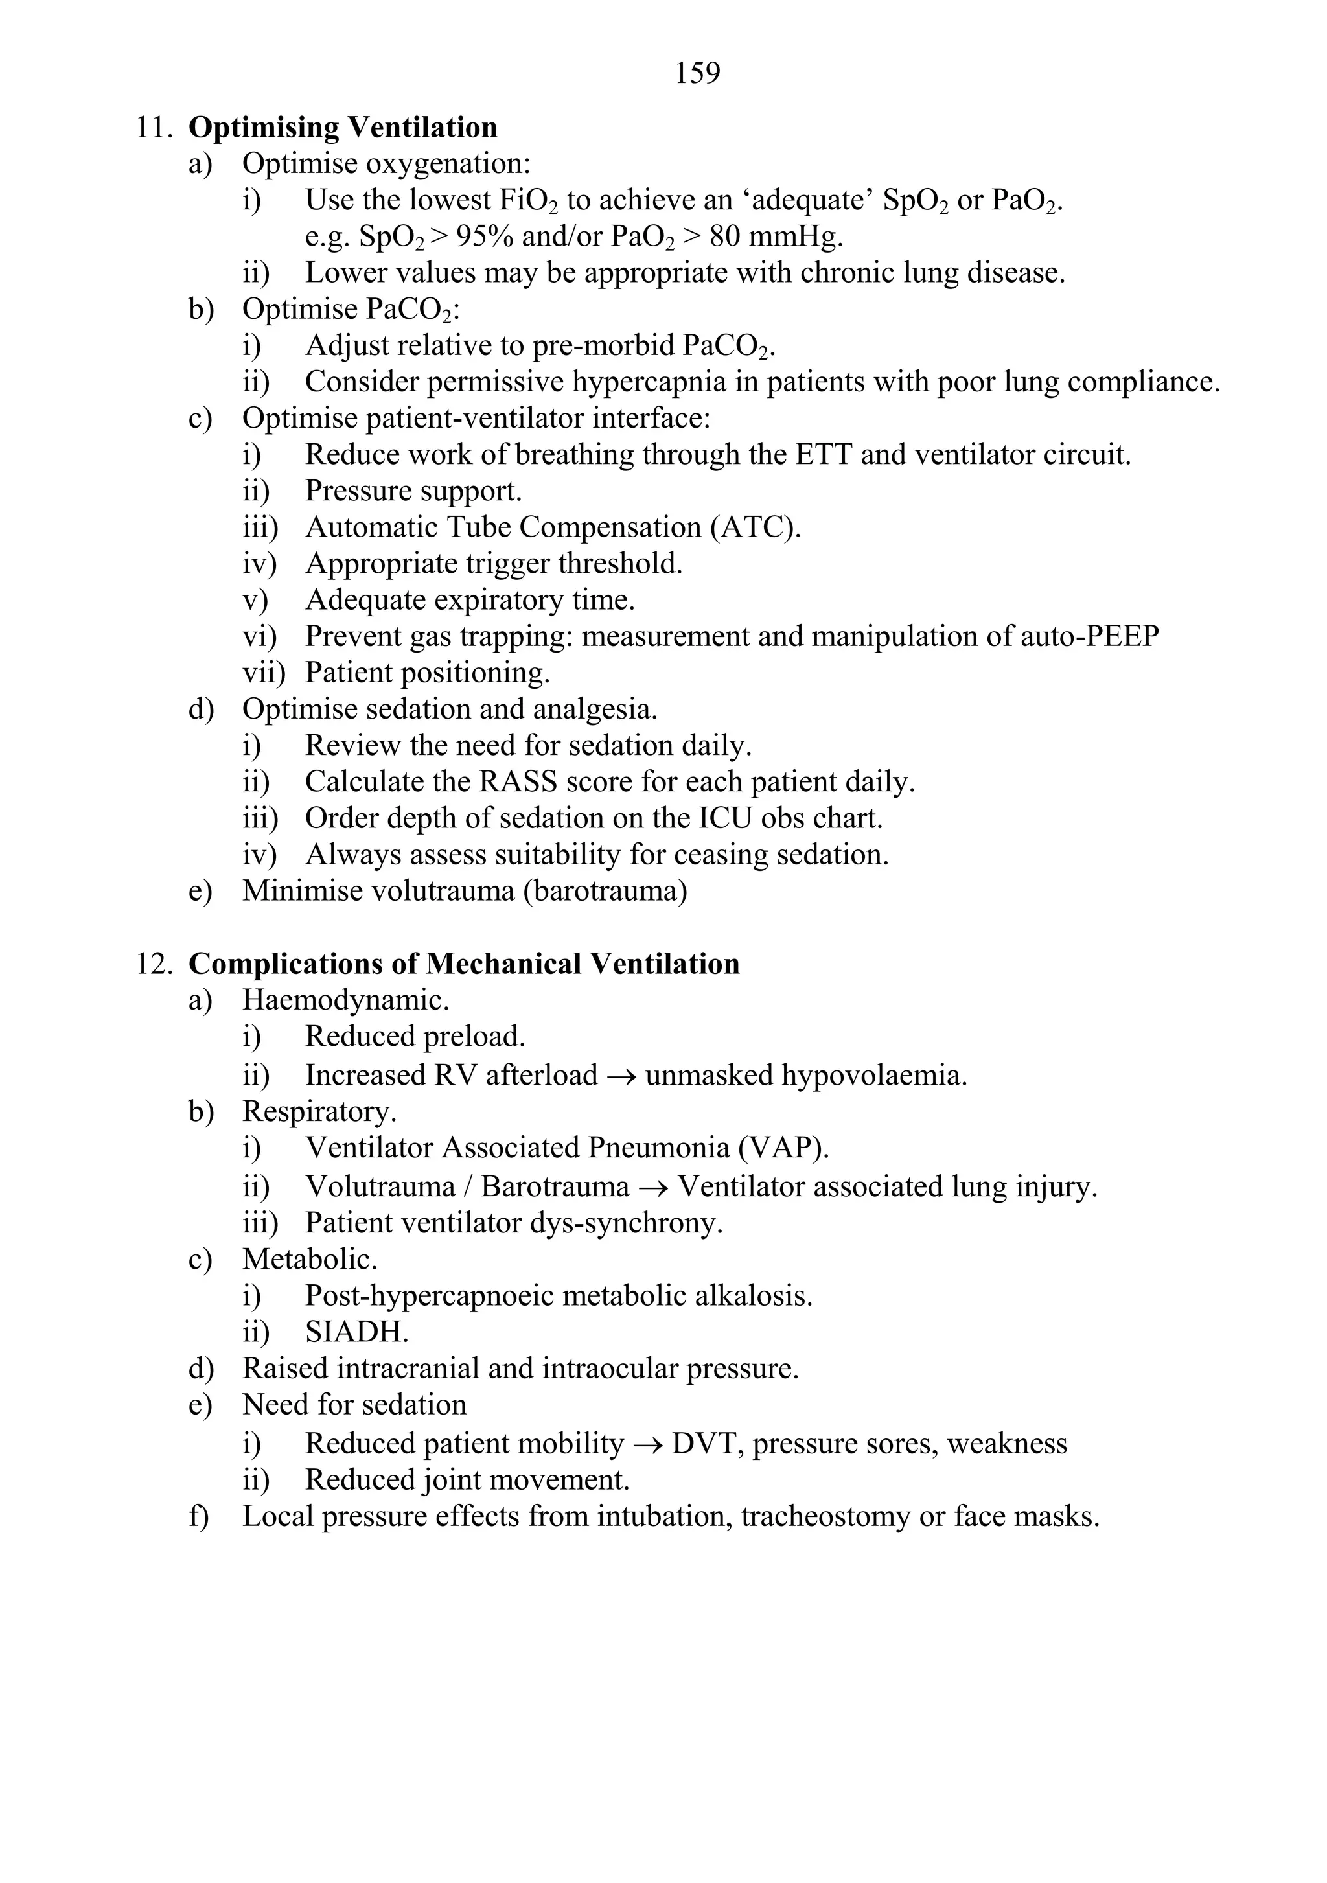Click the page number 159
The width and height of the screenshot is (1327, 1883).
[697, 74]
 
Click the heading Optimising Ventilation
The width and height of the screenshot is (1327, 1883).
[343, 128]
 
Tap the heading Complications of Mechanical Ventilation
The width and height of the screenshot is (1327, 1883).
[463, 964]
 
